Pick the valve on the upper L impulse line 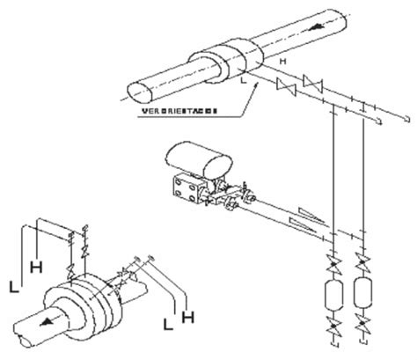[x=283, y=89]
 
